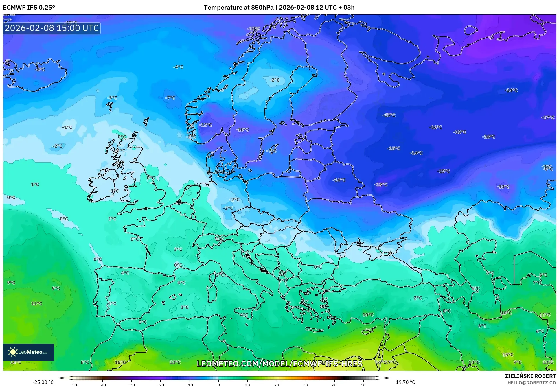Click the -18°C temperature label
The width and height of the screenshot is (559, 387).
(x=381, y=184)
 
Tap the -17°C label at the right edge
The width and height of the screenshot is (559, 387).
(x=548, y=117)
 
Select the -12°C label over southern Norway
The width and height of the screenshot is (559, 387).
(x=206, y=125)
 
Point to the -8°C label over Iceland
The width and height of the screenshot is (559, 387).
(x=40, y=69)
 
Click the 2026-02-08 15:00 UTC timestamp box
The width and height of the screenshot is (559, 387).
(x=52, y=28)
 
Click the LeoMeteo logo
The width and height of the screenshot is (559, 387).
(x=28, y=352)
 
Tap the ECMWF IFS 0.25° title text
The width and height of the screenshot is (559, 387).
(x=29, y=8)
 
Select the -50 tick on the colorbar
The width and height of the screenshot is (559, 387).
(x=73, y=385)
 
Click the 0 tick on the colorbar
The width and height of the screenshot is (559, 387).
(x=218, y=385)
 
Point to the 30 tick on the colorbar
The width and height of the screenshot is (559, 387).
(x=306, y=385)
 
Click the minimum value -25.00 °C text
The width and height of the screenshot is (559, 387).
(x=43, y=382)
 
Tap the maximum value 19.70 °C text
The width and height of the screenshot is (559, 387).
(x=405, y=382)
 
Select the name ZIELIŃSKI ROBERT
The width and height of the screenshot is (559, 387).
(x=530, y=376)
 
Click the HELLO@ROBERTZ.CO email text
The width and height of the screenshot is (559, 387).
(x=532, y=383)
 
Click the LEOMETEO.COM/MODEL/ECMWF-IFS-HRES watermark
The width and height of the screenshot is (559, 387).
(x=279, y=364)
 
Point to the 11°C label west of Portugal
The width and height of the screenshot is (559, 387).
(x=36, y=303)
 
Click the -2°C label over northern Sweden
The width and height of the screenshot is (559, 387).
(x=275, y=80)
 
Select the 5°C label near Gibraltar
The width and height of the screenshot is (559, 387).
(x=143, y=322)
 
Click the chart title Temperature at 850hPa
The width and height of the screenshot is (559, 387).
(x=238, y=8)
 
